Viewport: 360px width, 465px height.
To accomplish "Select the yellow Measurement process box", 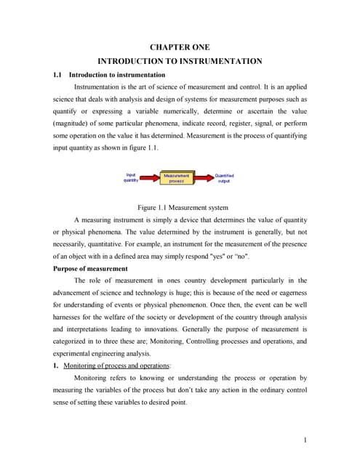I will click(x=177, y=178).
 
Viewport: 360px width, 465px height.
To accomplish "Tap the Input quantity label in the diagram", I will click(x=131, y=178).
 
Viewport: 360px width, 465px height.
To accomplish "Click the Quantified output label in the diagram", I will click(x=224, y=178).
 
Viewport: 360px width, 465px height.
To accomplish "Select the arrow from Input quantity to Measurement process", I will click(x=151, y=178).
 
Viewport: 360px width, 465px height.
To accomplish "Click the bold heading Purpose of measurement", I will click(x=89, y=268).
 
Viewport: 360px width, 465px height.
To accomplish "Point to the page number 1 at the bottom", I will click(x=306, y=439).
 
